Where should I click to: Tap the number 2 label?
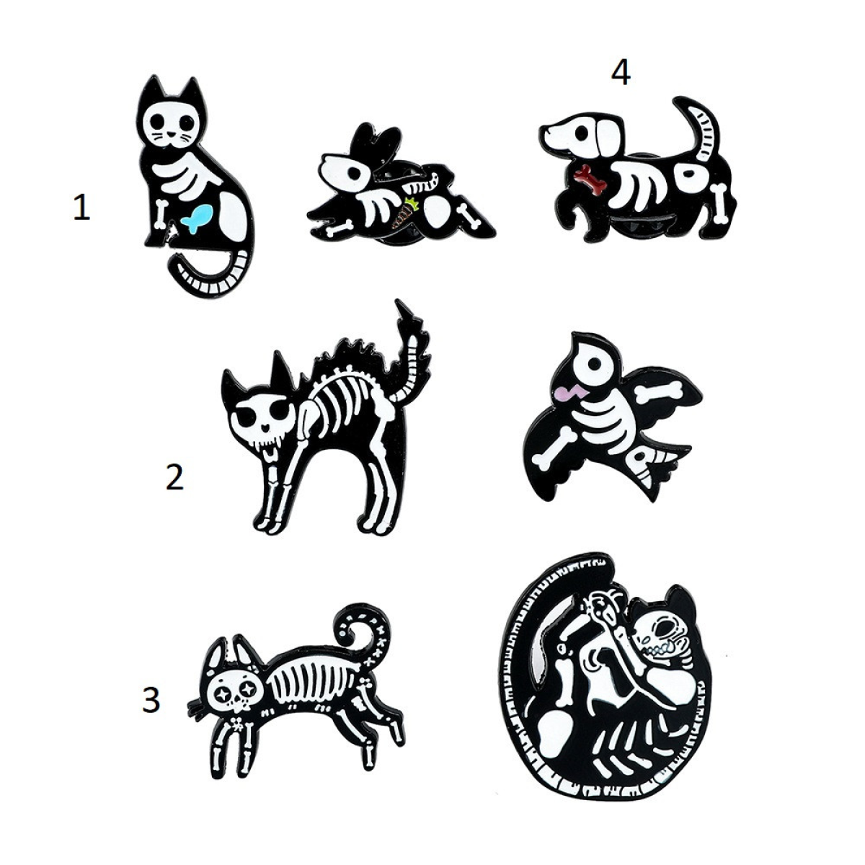click(x=174, y=477)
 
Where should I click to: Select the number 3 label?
click(x=151, y=700)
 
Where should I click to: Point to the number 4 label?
click(x=621, y=74)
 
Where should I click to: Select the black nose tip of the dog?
click(x=545, y=133)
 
